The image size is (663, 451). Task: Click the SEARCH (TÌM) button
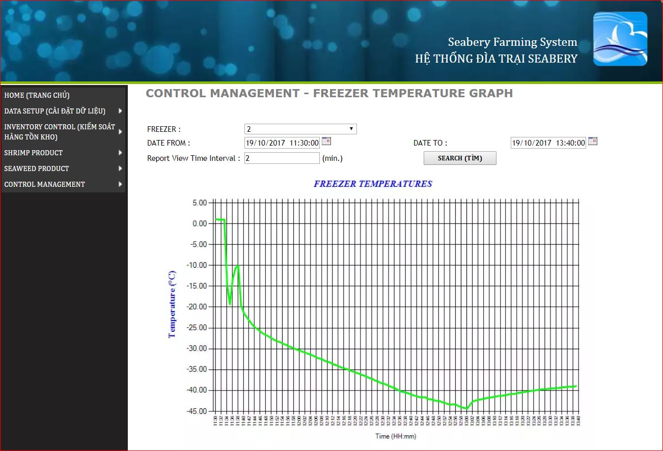pos(460,158)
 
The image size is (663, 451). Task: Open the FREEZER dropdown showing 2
pos(300,129)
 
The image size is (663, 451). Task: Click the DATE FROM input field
pos(282,143)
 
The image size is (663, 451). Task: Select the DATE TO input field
pos(548,143)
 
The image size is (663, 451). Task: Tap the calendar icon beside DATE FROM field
pos(326,142)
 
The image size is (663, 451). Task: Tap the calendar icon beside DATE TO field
pos(593,142)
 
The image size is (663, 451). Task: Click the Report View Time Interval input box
pos(282,158)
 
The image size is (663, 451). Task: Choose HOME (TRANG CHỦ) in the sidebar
pos(37,95)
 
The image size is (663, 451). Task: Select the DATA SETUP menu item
pos(55,111)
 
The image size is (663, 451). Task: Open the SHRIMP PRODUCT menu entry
pos(34,153)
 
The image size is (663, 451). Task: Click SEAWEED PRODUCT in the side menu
pos(37,168)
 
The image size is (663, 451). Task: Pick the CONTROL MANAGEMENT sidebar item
pos(45,184)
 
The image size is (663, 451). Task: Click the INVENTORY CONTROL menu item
pos(60,132)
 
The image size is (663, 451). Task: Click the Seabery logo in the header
pos(620,39)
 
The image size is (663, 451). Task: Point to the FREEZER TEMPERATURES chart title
pos(373,184)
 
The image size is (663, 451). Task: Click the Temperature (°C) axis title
pos(172,304)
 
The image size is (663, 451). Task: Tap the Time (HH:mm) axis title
pos(396,436)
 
